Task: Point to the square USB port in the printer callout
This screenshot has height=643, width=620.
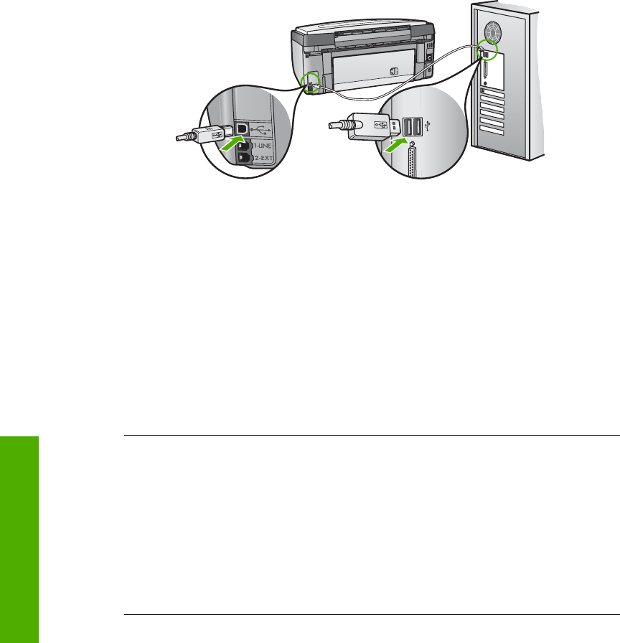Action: click(243, 126)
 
